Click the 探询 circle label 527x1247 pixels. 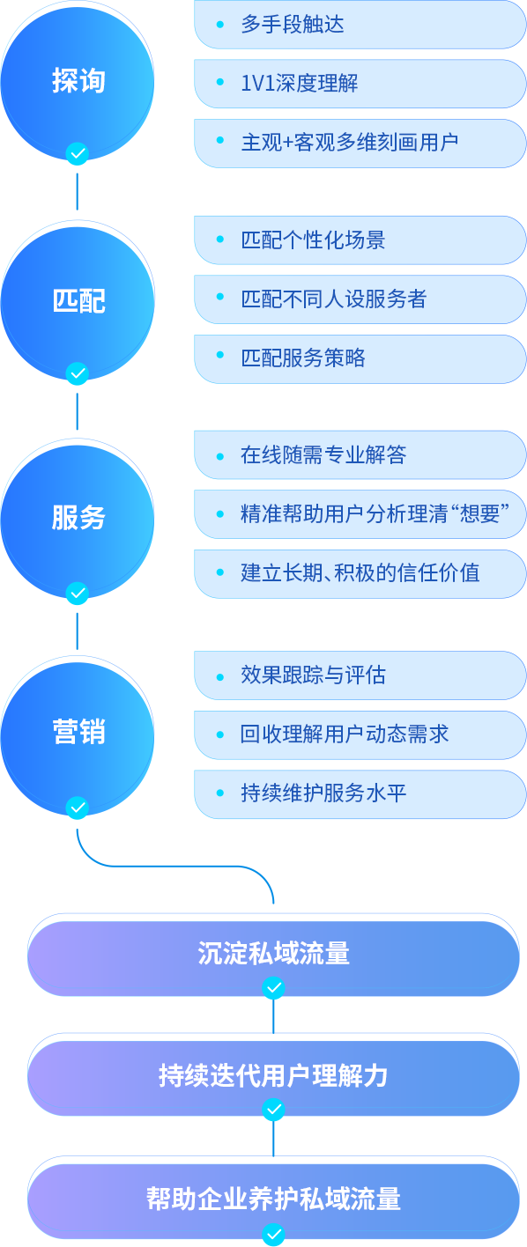[78, 81]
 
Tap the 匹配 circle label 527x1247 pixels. [78, 301]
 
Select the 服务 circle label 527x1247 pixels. [78, 517]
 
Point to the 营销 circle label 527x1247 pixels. [78, 732]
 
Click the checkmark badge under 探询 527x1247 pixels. [78, 153]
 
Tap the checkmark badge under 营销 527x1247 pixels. [78, 808]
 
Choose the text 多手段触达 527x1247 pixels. [293, 25]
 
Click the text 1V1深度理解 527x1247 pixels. [299, 84]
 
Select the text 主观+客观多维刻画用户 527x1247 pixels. [349, 143]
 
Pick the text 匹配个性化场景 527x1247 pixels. [313, 240]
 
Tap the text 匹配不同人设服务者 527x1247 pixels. [334, 299]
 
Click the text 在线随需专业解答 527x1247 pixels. [323, 454]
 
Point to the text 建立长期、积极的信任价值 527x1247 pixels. [360, 572]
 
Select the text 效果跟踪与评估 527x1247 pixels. [313, 675]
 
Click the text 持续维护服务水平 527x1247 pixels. [323, 793]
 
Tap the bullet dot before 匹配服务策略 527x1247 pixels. [220, 355]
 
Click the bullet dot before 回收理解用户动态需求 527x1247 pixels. [220, 734]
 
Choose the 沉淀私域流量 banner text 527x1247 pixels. [273, 954]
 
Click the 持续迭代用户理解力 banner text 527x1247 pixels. [273, 1075]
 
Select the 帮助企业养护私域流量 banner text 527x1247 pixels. [273, 1199]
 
